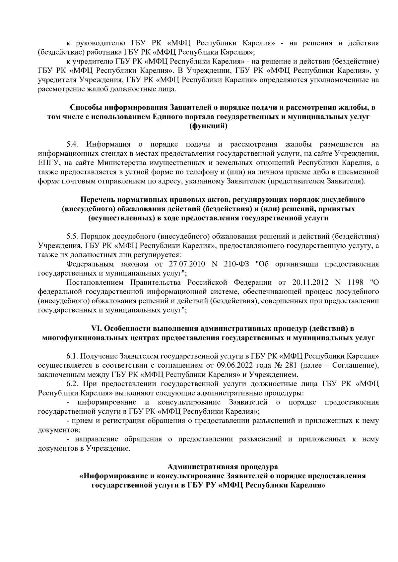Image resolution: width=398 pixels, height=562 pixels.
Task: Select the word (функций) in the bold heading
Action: click(208, 126)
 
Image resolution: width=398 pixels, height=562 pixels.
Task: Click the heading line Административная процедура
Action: click(223, 467)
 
